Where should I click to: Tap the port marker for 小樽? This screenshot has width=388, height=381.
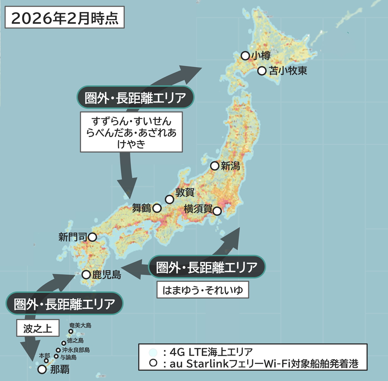click(245, 55)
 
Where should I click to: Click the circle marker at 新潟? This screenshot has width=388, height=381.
click(214, 166)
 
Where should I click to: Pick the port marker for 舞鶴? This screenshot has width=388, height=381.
click(157, 208)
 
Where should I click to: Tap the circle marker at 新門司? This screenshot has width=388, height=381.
click(92, 237)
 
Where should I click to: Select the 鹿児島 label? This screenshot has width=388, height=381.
click(106, 275)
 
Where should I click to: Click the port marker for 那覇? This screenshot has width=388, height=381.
click(42, 369)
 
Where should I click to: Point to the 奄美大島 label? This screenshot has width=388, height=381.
click(80, 326)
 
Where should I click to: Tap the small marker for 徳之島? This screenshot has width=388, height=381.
click(64, 343)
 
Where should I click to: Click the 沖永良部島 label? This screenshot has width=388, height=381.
click(76, 350)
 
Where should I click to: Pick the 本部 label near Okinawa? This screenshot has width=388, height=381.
click(45, 355)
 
